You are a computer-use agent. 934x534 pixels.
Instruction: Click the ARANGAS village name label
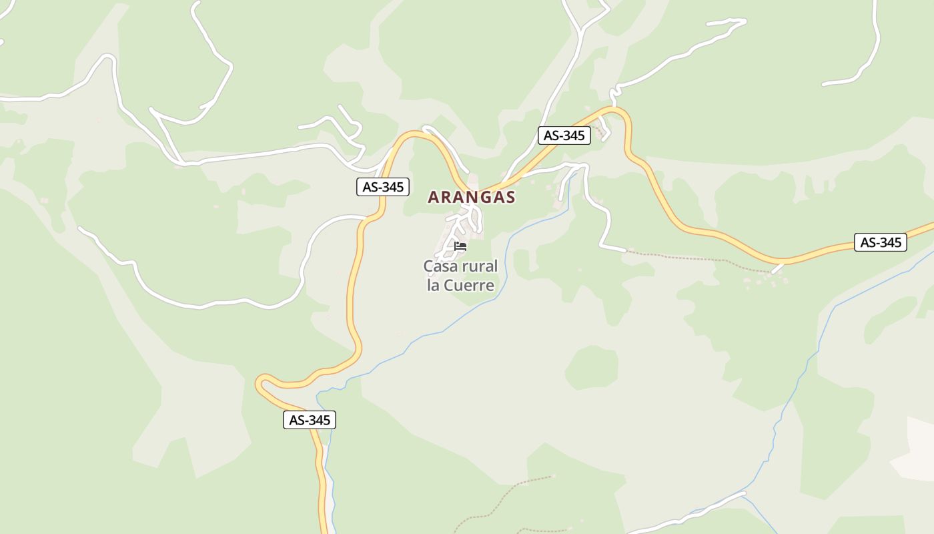(471, 197)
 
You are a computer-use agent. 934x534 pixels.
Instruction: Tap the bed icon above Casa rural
(460, 246)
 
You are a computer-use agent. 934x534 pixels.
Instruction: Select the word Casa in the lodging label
(442, 266)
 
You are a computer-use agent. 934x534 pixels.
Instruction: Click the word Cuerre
(471, 286)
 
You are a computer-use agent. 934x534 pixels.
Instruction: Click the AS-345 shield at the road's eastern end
(881, 242)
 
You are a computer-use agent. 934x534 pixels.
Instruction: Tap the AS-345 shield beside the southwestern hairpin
(309, 420)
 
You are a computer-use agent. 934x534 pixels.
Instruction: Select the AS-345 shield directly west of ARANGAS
(382, 187)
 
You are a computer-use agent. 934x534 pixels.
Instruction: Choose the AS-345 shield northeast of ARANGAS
(564, 136)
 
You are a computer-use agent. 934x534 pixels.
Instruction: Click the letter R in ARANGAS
(447, 197)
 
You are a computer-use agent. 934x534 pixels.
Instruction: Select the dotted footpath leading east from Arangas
(694, 258)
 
